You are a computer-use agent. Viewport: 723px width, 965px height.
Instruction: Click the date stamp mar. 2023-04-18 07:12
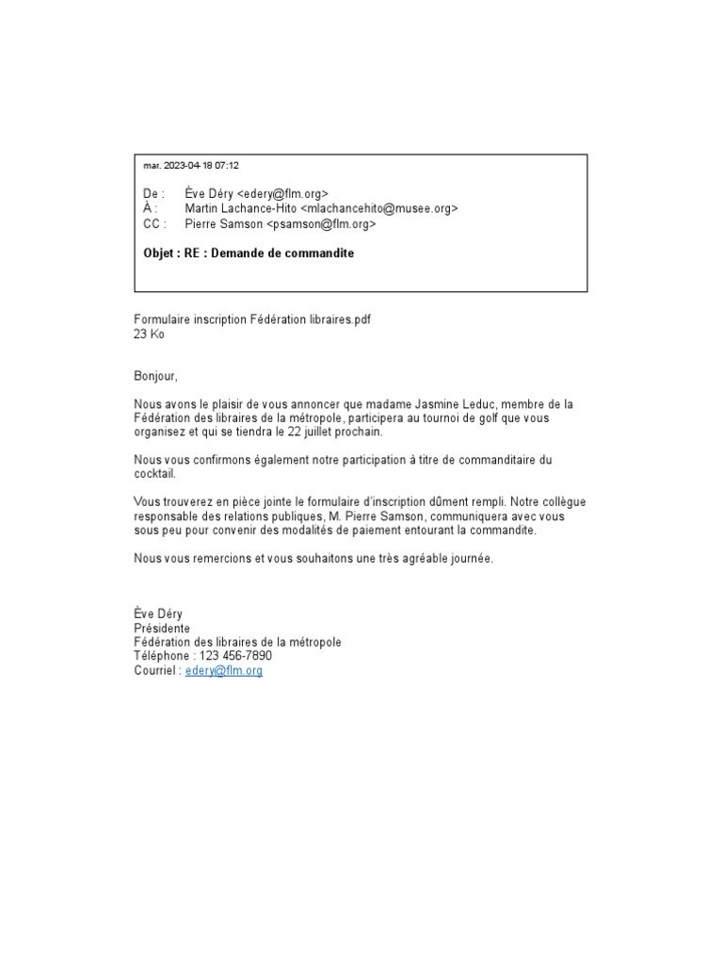click(x=191, y=166)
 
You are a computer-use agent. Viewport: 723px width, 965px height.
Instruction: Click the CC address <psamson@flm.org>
click(x=321, y=224)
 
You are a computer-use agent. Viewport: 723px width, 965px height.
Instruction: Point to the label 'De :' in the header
click(x=153, y=193)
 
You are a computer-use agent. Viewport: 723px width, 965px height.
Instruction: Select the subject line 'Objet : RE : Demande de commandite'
click(x=249, y=254)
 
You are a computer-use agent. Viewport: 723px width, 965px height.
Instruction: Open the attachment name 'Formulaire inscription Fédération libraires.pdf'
click(x=252, y=319)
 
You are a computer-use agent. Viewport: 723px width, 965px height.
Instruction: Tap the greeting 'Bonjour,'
click(x=155, y=376)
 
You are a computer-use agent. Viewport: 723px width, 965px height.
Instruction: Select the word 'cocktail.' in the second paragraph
click(x=155, y=474)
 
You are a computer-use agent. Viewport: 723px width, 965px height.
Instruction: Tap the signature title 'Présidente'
click(x=162, y=629)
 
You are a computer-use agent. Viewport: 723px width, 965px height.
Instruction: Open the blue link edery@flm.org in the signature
click(x=224, y=671)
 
